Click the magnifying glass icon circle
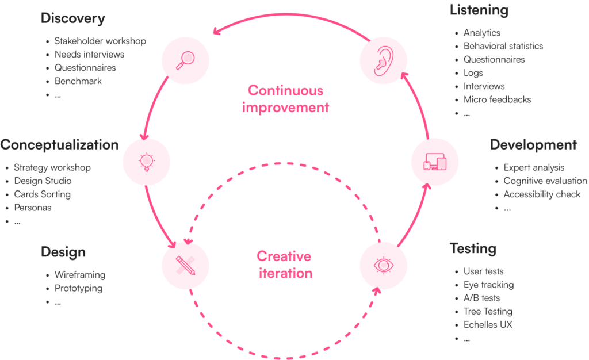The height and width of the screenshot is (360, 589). pos(185,60)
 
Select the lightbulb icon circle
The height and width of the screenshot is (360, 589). pos(147,162)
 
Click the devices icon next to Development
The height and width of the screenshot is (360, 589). pos(435,162)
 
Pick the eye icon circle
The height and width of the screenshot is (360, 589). pos(383,265)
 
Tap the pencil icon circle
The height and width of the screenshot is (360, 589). pos(185,265)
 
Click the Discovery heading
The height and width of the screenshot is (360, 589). pos(73,18)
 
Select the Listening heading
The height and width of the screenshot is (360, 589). pos(479,10)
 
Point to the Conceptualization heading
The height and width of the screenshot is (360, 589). pos(59,144)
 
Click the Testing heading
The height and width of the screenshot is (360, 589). pos(473,249)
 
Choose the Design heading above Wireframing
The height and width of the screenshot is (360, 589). pos(63,252)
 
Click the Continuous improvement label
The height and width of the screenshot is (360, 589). pos(286,98)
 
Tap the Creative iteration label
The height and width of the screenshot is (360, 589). pos(284,265)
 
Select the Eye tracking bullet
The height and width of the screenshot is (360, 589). pos(488,285)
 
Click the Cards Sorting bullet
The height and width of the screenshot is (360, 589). pos(42,194)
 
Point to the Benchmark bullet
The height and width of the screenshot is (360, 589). pos(78,81)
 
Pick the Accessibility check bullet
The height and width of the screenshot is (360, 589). pos(542,194)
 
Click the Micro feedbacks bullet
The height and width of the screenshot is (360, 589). pos(497,99)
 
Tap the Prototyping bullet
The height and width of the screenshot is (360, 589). pos(79,288)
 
